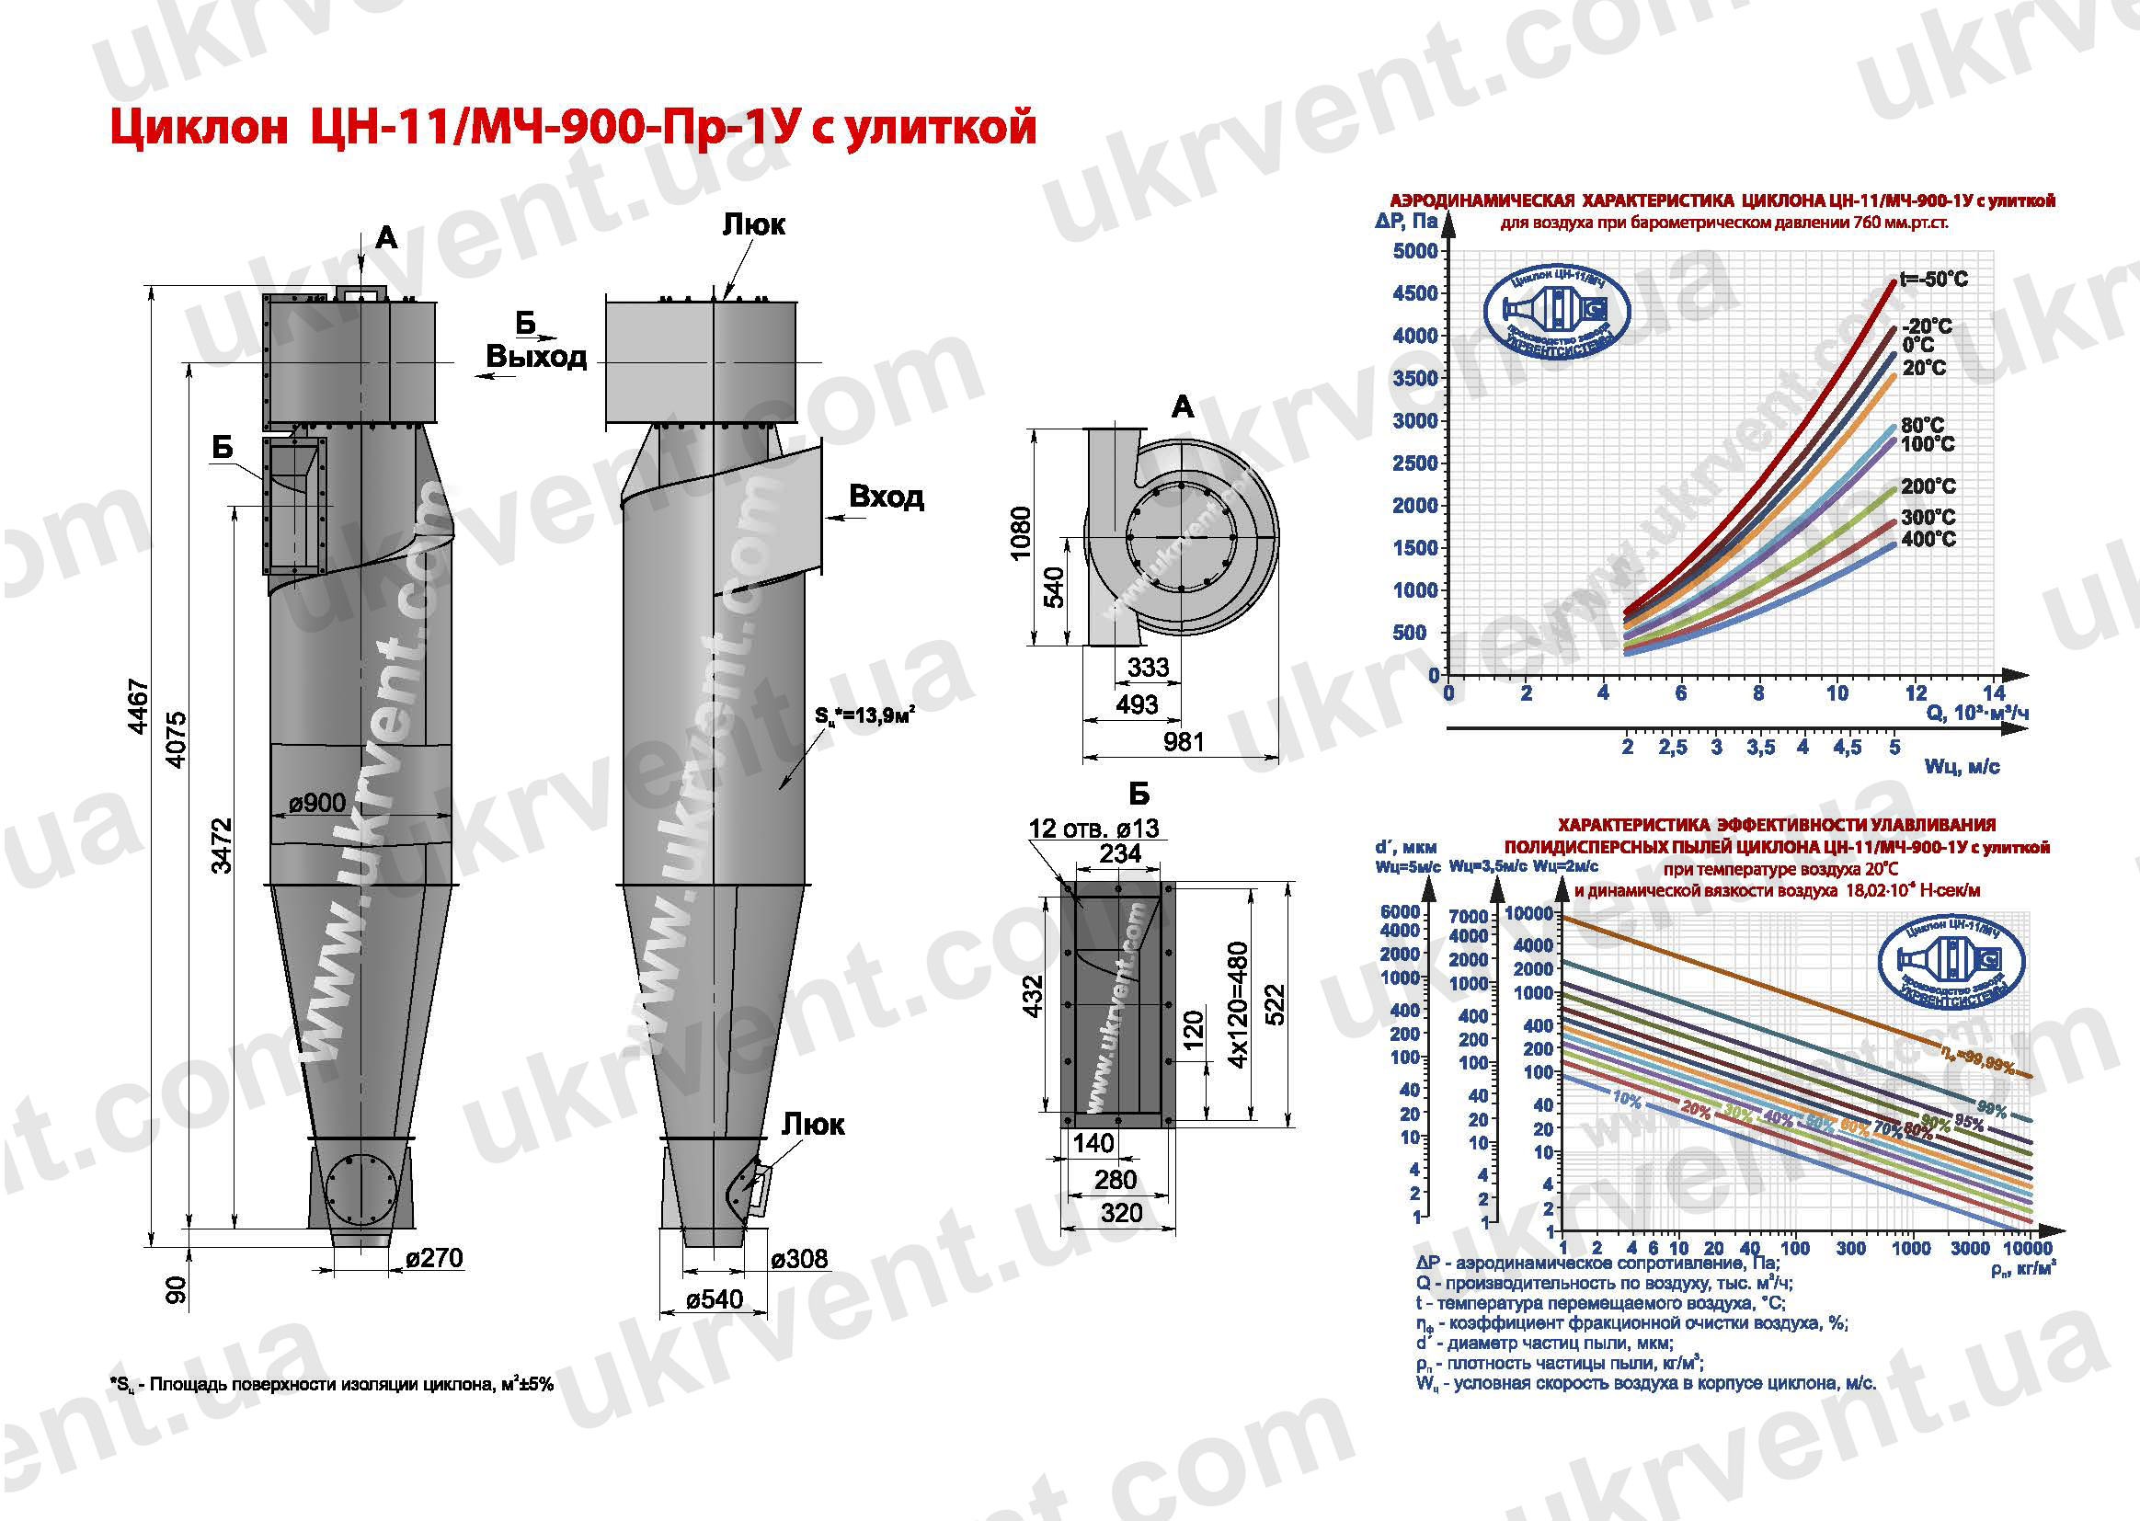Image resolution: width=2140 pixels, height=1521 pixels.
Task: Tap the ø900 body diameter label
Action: pyautogui.click(x=316, y=803)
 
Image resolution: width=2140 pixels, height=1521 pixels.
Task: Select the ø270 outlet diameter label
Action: pyautogui.click(x=434, y=1257)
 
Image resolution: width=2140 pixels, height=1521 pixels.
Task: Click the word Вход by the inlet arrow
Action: pyautogui.click(x=886, y=497)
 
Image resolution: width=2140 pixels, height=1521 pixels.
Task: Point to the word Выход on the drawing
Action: pyautogui.click(x=536, y=357)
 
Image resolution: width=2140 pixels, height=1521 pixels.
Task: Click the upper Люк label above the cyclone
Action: pyautogui.click(x=753, y=224)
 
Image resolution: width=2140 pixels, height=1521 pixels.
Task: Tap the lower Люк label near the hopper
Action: pyautogui.click(x=813, y=1125)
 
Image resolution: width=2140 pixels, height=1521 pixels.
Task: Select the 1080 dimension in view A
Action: pyautogui.click(x=1021, y=533)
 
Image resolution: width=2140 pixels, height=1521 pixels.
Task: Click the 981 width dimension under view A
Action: pyautogui.click(x=1183, y=742)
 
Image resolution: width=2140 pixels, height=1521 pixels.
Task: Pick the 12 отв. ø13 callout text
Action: pyautogui.click(x=1093, y=828)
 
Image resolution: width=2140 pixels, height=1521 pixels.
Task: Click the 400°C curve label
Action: pyautogui.click(x=1928, y=539)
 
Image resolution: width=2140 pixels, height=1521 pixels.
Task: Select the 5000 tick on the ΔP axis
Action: pyautogui.click(x=1414, y=251)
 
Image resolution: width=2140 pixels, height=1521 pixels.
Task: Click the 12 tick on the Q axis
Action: pyautogui.click(x=1916, y=693)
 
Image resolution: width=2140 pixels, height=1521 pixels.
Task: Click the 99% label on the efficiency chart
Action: pyautogui.click(x=1991, y=1110)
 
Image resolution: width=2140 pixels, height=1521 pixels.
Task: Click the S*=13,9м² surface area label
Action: pyautogui.click(x=864, y=715)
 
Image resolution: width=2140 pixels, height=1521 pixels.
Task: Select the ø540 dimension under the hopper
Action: pyautogui.click(x=714, y=1299)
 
